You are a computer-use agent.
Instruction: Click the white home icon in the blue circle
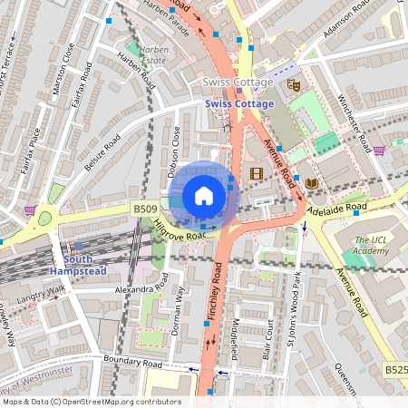pyautogui.click(x=204, y=195)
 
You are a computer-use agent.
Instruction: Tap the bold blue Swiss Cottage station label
pyautogui.click(x=238, y=103)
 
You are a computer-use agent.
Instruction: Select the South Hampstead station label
pyautogui.click(x=79, y=265)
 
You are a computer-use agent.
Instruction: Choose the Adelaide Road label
pyautogui.click(x=335, y=208)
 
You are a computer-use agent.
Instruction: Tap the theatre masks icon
pyautogui.click(x=293, y=84)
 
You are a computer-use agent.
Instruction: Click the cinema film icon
pyautogui.click(x=257, y=173)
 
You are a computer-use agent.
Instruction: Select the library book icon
pyautogui.click(x=312, y=184)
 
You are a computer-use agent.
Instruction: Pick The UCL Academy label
pyautogui.click(x=371, y=244)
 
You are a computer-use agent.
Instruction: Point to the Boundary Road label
pyautogui.click(x=132, y=361)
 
